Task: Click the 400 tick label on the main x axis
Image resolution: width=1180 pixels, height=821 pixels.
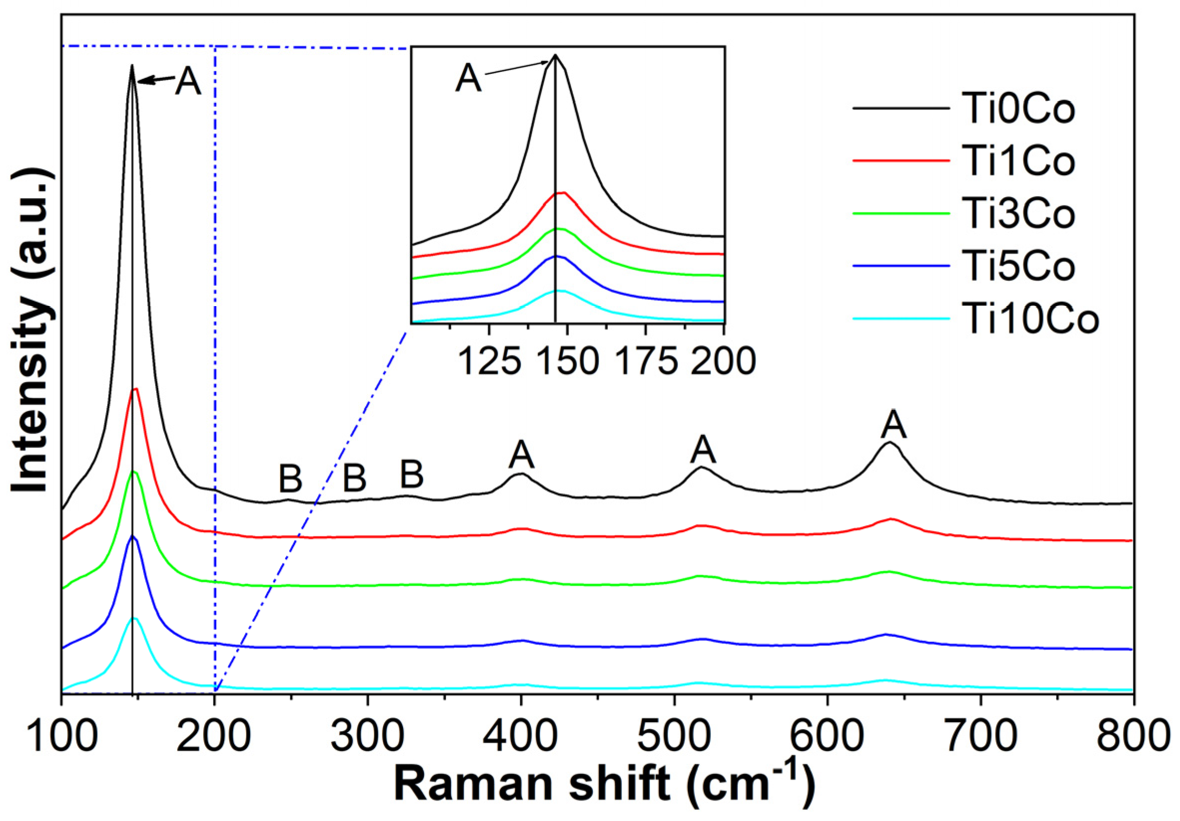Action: point(521,737)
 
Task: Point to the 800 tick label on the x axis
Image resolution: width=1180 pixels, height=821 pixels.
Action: point(1130,737)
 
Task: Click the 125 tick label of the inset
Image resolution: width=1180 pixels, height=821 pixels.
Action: point(489,362)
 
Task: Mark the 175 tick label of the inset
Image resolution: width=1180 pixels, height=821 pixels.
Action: point(646,362)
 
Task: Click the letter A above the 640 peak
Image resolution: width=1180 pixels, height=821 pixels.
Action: point(893,424)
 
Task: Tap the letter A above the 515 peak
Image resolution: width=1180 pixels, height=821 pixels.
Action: point(703,450)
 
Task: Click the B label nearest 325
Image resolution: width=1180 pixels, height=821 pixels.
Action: point(411,474)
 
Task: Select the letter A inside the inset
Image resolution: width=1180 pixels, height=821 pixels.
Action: point(468,79)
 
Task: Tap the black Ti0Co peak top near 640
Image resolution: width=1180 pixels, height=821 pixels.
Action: point(889,442)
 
